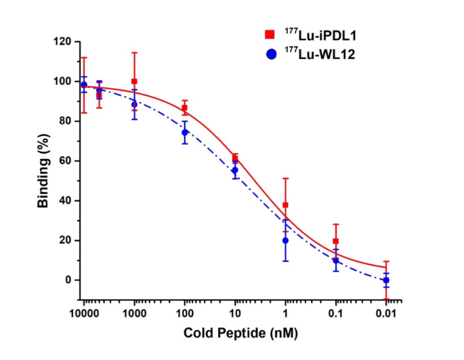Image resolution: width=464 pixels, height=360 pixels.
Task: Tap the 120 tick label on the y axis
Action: click(64, 41)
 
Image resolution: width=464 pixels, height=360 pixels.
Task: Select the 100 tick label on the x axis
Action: click(184, 314)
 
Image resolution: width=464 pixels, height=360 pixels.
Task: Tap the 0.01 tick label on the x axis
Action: click(386, 314)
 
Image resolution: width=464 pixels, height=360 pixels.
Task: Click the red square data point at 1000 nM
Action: click(134, 81)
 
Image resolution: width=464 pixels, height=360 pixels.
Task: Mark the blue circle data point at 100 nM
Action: click(185, 133)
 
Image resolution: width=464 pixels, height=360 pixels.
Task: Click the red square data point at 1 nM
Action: click(286, 205)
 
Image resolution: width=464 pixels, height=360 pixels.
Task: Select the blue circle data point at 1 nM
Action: click(286, 240)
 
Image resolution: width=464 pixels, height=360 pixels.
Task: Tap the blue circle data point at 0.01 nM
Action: click(386, 280)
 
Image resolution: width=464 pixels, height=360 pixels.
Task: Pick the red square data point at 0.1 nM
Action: click(336, 241)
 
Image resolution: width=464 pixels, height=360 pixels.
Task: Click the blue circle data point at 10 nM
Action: click(235, 171)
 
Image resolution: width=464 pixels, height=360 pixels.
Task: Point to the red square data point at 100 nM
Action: click(185, 108)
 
